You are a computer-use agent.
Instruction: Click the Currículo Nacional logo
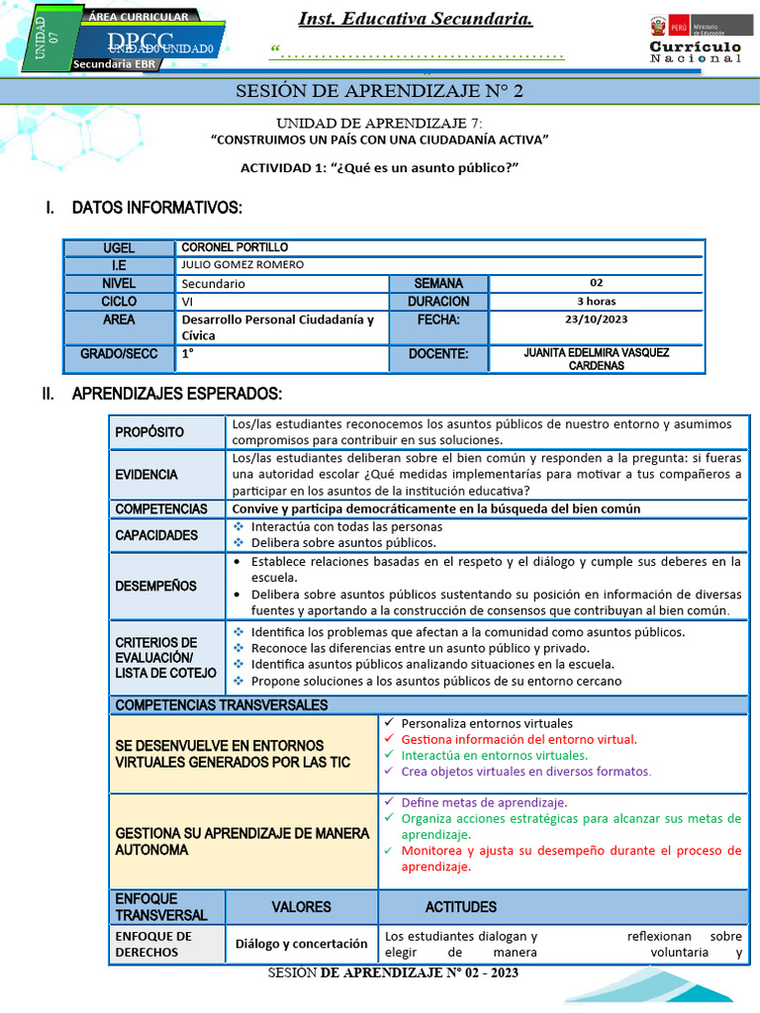point(695,41)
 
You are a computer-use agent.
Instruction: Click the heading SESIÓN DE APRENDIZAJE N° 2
point(379,92)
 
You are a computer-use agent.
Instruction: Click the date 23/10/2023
point(597,320)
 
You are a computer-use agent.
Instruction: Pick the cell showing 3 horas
point(597,301)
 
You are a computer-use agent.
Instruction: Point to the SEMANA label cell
point(438,283)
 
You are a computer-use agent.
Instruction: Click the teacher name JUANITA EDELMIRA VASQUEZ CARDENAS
point(597,359)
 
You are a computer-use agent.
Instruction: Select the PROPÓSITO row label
point(149,432)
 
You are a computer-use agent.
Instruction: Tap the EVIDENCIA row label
point(146,475)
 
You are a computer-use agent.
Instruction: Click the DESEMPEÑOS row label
point(155,586)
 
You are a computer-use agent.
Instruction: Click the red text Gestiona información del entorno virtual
point(519,739)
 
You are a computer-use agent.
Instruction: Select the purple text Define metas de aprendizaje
point(484,802)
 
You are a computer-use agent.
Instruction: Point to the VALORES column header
point(301,906)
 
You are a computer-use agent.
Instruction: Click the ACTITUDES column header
point(461,906)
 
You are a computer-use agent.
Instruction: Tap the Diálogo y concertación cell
point(301,944)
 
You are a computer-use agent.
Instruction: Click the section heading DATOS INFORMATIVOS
point(156,208)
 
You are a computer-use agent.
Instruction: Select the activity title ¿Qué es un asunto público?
point(379,167)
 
